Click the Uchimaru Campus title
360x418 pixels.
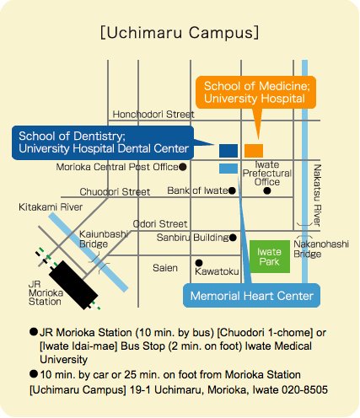pyautogui.click(x=180, y=33)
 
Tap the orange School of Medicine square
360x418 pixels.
pyautogui.click(x=254, y=151)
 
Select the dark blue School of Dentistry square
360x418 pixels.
pyautogui.click(x=228, y=151)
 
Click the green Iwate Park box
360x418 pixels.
pyautogui.click(x=270, y=256)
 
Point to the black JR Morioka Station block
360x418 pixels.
pyautogui.click(x=73, y=285)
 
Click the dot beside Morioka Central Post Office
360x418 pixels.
pyautogui.click(x=183, y=167)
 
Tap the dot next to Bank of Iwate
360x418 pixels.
pyautogui.click(x=232, y=190)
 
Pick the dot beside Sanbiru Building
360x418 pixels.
pyautogui.click(x=233, y=238)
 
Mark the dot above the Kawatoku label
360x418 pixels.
pyautogui.click(x=199, y=263)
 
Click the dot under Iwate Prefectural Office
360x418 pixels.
pyautogui.click(x=267, y=190)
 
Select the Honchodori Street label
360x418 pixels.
pyautogui.click(x=153, y=115)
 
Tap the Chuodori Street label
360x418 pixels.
pyautogui.click(x=115, y=192)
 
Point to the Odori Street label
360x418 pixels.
pyautogui.click(x=160, y=224)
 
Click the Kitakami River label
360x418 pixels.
pyautogui.click(x=51, y=207)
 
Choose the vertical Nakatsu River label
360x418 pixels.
pyautogui.click(x=317, y=196)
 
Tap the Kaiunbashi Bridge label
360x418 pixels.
pyautogui.click(x=104, y=239)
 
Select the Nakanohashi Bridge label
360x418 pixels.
pyautogui.click(x=321, y=249)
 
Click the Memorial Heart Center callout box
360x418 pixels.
pyautogui.click(x=251, y=296)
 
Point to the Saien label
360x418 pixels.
pyautogui.click(x=165, y=268)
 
